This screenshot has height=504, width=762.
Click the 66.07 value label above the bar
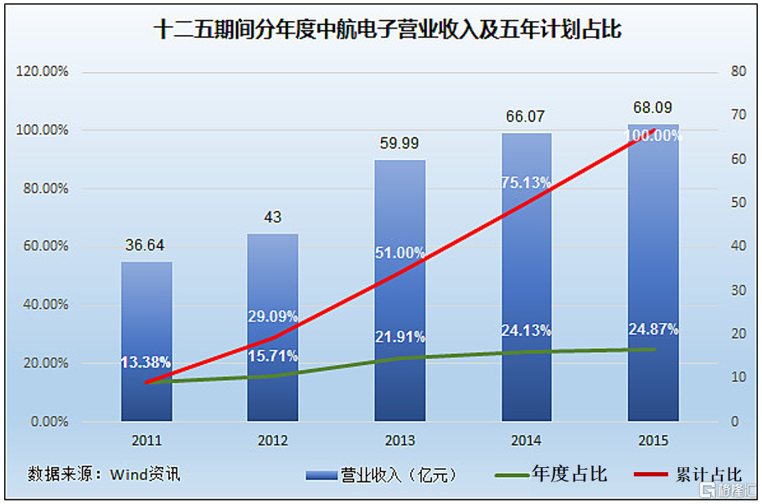[526, 117]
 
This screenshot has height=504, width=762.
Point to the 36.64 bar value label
[147, 245]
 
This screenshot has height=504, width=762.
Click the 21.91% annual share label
[400, 337]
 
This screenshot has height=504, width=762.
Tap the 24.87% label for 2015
[653, 328]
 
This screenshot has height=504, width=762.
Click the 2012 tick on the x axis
[273, 440]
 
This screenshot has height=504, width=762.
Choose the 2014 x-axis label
[526, 440]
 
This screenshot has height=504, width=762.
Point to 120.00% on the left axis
[42, 71]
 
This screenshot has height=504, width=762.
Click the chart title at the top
[381, 31]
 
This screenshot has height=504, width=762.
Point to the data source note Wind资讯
[105, 473]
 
